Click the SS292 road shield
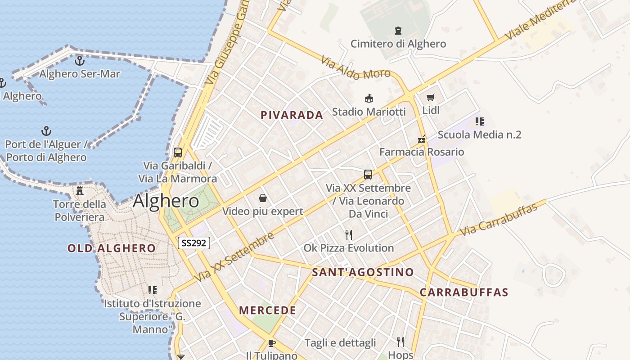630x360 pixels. [193, 243]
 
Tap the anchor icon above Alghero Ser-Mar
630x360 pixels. [80, 60]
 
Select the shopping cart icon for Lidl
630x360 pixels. [431, 97]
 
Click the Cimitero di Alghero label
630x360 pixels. [398, 44]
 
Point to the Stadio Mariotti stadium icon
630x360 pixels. [369, 98]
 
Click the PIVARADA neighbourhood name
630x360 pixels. [292, 115]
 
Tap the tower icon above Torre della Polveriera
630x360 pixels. [80, 191]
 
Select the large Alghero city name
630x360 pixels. [166, 201]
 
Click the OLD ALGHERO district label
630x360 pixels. [112, 248]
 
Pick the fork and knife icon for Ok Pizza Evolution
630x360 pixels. [348, 234]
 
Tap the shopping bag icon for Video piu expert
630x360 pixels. [262, 198]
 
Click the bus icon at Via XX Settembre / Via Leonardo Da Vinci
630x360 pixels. [368, 174]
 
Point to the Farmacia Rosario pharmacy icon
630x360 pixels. [422, 139]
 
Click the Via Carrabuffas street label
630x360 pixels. [499, 220]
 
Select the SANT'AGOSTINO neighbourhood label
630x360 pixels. [363, 272]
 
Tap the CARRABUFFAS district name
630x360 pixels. [464, 292]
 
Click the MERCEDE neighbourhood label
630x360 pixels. [267, 310]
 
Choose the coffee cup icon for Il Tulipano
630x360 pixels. [271, 343]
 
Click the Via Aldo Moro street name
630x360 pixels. [355, 67]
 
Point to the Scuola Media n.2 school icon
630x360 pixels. [479, 121]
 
